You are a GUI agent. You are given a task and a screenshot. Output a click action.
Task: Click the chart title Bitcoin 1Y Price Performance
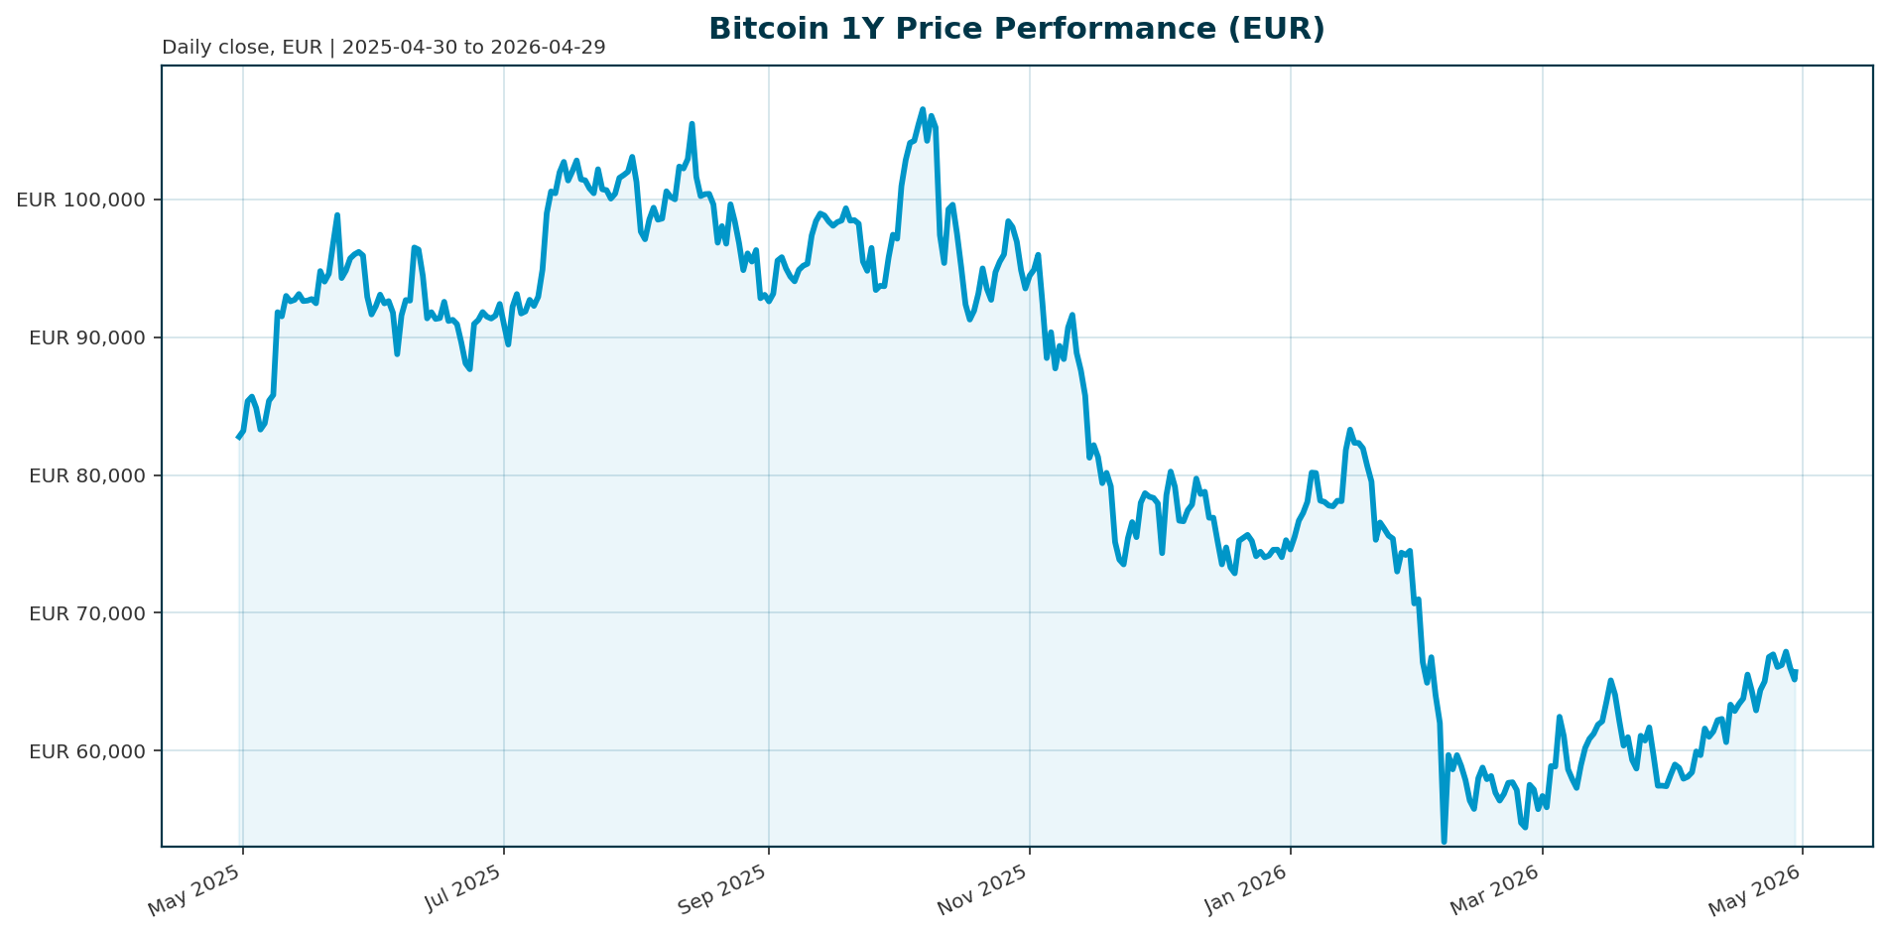point(1016,30)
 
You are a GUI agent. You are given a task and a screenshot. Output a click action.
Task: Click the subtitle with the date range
point(383,48)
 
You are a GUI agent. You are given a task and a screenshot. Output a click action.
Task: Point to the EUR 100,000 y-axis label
point(81,200)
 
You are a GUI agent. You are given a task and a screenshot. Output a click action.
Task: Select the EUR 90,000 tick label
point(87,337)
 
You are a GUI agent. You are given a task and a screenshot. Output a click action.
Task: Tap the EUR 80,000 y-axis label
point(87,475)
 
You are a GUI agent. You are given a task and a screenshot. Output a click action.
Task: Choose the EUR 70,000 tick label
point(87,613)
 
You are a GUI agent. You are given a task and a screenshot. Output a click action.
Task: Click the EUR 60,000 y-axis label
point(87,751)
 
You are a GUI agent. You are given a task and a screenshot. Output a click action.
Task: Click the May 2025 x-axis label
point(195,890)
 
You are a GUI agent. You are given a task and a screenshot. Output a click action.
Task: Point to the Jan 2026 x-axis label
point(1245,890)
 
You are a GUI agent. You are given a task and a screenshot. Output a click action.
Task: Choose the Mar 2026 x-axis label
point(1496,890)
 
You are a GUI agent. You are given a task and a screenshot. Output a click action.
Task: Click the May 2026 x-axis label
point(1757,890)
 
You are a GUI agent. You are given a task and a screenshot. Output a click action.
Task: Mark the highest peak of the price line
point(923,109)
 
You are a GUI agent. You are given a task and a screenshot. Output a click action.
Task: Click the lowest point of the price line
point(1444,842)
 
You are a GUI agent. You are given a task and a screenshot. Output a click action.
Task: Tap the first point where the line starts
point(238,437)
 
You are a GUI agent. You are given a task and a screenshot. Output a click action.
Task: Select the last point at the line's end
point(1796,672)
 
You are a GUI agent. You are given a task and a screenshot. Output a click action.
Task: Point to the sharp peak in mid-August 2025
point(692,124)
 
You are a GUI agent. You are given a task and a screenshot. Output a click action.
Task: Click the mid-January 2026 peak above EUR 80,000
point(1349,430)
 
